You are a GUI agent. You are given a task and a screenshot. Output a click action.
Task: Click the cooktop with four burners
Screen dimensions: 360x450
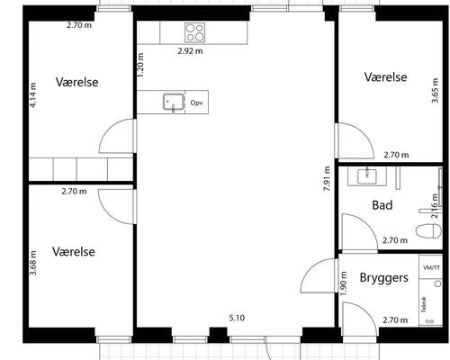click(x=195, y=32)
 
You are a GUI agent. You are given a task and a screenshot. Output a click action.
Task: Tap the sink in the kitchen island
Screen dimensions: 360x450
click(x=173, y=102)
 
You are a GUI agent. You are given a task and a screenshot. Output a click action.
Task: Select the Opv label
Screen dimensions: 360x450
click(x=196, y=103)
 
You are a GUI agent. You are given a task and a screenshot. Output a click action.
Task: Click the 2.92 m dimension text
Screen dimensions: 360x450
click(x=190, y=51)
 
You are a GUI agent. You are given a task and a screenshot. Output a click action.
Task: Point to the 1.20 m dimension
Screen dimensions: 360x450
click(x=141, y=68)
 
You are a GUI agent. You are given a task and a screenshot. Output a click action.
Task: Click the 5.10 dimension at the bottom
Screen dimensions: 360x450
click(x=238, y=318)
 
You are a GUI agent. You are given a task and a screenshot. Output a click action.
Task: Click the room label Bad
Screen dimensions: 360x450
click(x=382, y=205)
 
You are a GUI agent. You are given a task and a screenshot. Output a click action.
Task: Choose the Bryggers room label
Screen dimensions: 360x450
click(x=385, y=278)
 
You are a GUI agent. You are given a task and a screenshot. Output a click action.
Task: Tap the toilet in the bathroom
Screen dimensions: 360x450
click(x=427, y=230)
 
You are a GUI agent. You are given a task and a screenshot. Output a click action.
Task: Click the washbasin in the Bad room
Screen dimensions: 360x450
click(x=366, y=175)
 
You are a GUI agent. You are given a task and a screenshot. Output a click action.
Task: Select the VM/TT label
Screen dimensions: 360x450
click(x=430, y=268)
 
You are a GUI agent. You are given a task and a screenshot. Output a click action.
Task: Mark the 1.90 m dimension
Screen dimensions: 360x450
click(x=344, y=280)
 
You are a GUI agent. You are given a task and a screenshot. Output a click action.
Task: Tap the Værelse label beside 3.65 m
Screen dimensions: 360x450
click(x=385, y=77)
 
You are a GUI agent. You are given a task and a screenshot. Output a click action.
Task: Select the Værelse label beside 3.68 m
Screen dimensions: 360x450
click(x=74, y=251)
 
